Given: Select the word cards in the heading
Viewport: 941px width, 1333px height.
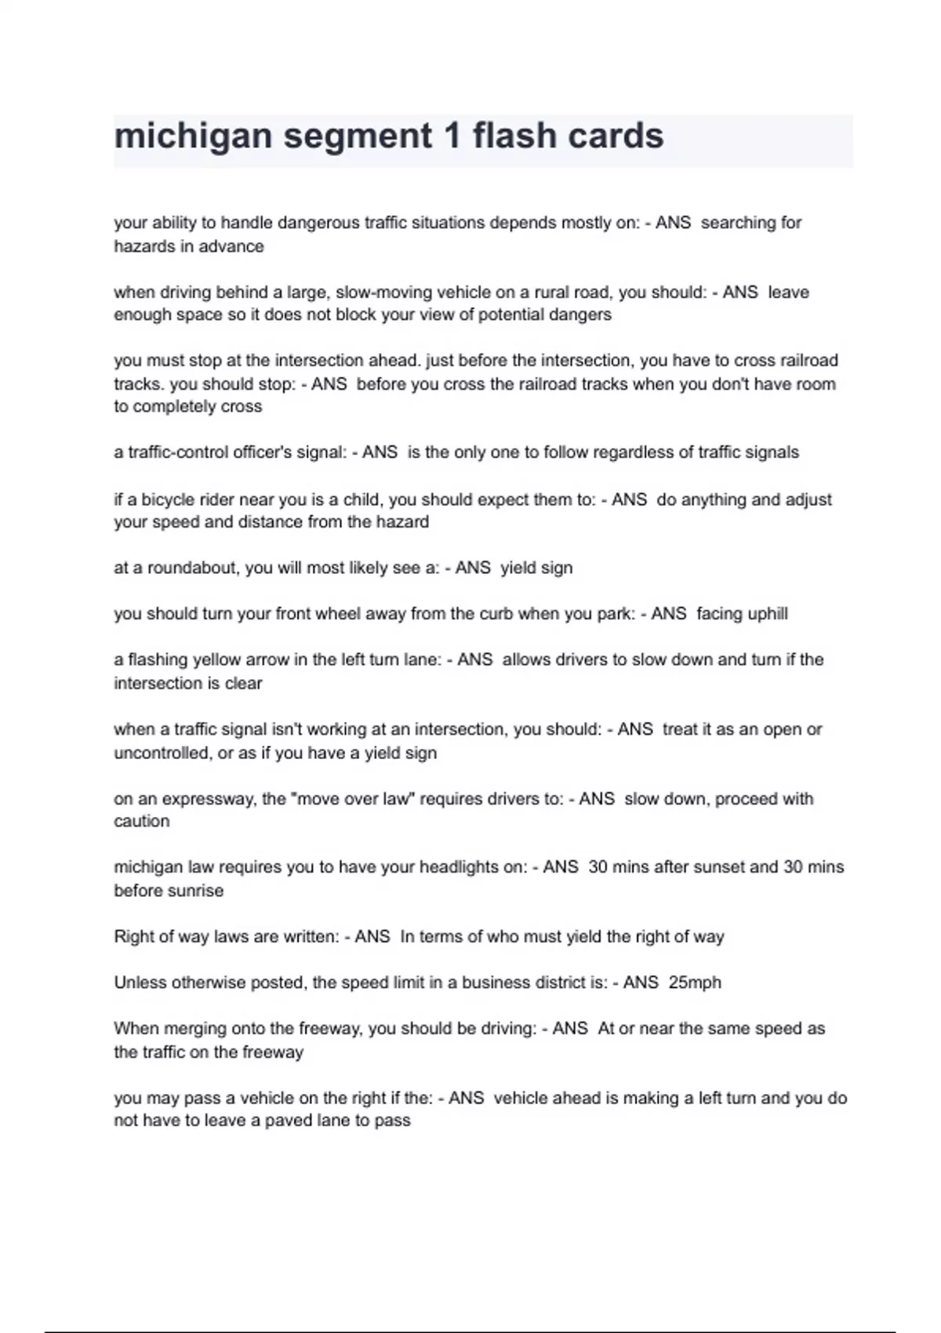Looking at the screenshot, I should click(x=616, y=136).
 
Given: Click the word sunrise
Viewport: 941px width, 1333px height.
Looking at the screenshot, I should click(x=196, y=891).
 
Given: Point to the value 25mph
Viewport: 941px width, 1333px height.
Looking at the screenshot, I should click(x=695, y=982).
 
